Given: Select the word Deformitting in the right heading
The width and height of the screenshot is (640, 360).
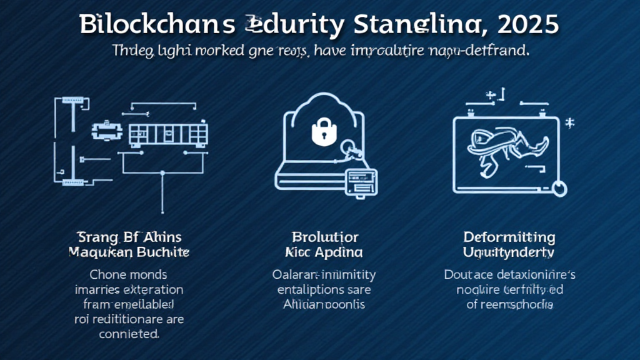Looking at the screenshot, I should [x=509, y=237].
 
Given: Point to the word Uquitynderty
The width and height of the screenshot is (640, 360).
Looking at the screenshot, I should [x=509, y=252].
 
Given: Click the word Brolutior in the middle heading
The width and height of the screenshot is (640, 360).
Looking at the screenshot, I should [x=325, y=237].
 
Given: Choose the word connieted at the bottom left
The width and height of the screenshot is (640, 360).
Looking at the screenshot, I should [x=129, y=334].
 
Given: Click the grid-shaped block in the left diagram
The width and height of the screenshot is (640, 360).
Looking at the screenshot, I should [x=167, y=134].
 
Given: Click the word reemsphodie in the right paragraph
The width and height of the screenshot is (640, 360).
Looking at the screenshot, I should [x=517, y=304].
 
